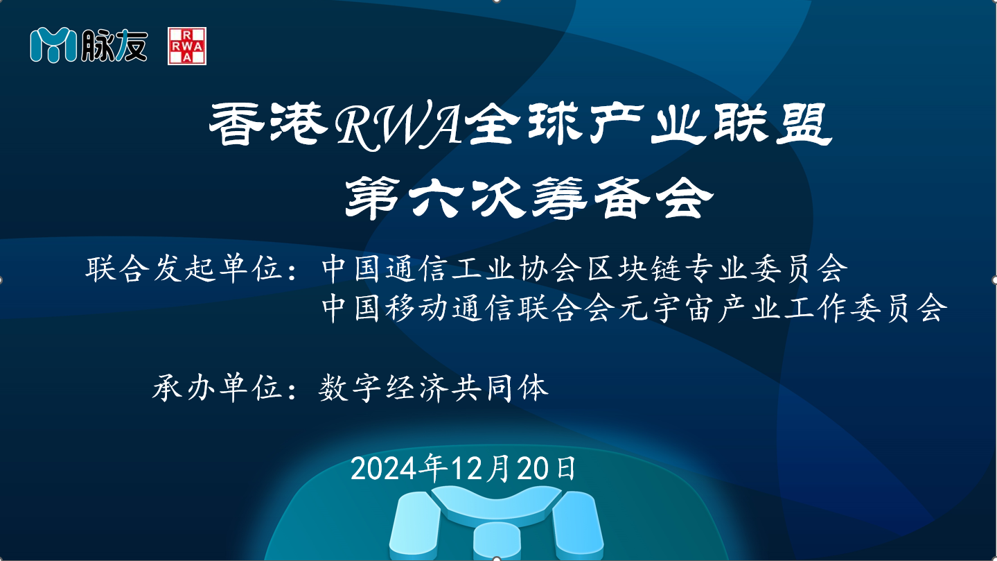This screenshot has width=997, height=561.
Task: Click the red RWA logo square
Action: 187,46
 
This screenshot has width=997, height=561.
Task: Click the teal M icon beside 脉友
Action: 53,45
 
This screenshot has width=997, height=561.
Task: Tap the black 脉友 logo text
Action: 114,45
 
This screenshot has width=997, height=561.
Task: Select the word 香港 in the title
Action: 269,124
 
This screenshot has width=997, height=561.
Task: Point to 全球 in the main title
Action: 524,124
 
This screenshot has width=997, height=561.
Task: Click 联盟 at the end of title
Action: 773,124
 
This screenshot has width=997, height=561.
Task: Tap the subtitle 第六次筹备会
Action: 529,198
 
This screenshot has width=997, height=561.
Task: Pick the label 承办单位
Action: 217,388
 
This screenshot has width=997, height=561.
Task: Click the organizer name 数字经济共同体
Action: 434,388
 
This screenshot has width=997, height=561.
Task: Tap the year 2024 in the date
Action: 387,469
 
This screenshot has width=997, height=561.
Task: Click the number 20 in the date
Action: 533,469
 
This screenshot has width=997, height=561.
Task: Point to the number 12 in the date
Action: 467,469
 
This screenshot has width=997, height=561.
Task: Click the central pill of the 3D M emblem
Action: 497,541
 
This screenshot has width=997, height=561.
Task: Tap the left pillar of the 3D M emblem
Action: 414,526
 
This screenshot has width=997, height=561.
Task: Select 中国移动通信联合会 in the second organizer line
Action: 468,309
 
